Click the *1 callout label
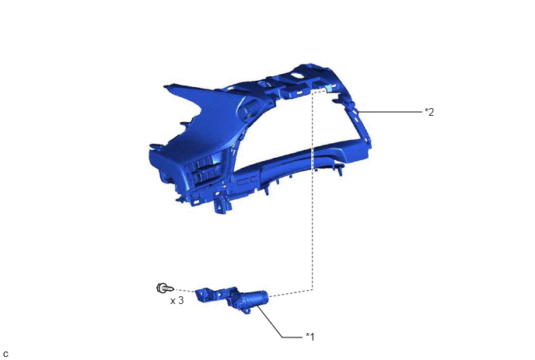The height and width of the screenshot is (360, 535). point(309,337)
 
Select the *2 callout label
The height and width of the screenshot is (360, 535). point(429,112)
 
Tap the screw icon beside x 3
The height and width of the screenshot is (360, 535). point(165,288)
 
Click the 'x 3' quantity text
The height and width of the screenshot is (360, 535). point(177,301)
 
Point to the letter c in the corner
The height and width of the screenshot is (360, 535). point(5,355)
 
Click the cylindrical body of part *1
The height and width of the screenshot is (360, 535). point(254,299)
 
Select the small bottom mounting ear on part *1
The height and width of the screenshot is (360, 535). point(247,311)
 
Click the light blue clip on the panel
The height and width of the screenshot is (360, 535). point(329,89)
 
